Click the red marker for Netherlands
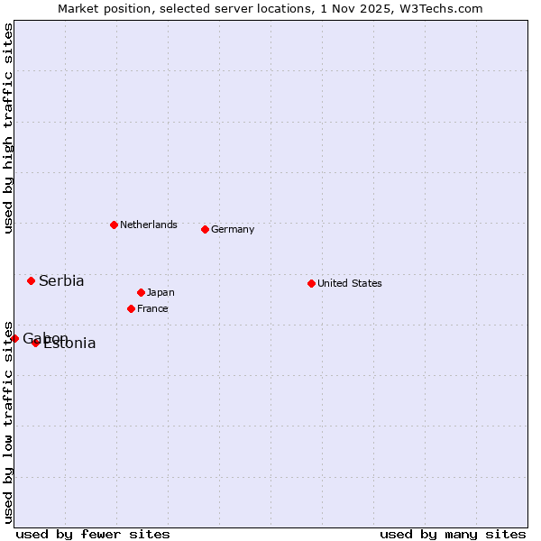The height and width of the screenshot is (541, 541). point(114,225)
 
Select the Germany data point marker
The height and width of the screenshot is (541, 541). point(205,229)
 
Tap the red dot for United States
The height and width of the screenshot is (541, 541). point(311,283)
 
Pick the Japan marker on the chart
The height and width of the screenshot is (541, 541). point(141,292)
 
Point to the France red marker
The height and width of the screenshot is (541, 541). point(131,308)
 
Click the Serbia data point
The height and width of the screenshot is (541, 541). point(31,280)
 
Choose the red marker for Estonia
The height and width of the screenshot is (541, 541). point(35,343)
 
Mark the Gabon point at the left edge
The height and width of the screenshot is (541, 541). point(14,338)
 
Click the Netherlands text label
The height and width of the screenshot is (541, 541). point(149,225)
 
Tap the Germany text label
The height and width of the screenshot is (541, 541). point(233,229)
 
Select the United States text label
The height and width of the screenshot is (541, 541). point(350,283)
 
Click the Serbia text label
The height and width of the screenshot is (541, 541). point(61,280)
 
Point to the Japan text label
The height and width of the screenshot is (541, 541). point(160,292)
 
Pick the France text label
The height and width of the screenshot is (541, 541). point(152,308)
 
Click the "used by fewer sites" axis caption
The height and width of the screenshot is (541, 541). point(93,534)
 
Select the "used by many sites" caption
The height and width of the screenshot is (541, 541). point(453,534)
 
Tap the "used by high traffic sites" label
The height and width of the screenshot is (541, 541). point(8,128)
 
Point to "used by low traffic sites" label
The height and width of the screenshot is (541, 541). point(8,421)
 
